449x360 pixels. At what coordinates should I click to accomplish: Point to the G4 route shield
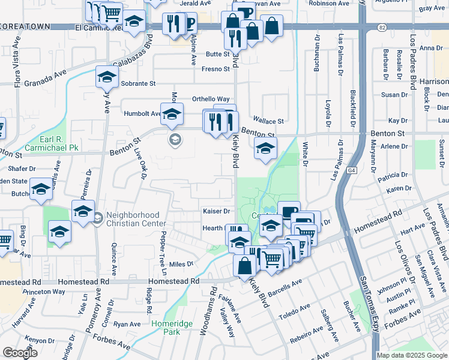click(351, 171)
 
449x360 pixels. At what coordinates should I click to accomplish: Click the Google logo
click(20, 353)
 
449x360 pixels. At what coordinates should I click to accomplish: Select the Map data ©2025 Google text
click(412, 355)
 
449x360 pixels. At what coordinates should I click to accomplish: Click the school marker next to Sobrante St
click(107, 79)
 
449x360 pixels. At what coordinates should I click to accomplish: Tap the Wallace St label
click(267, 120)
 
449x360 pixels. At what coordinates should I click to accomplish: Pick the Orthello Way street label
click(211, 99)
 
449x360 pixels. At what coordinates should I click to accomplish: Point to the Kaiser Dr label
click(217, 211)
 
